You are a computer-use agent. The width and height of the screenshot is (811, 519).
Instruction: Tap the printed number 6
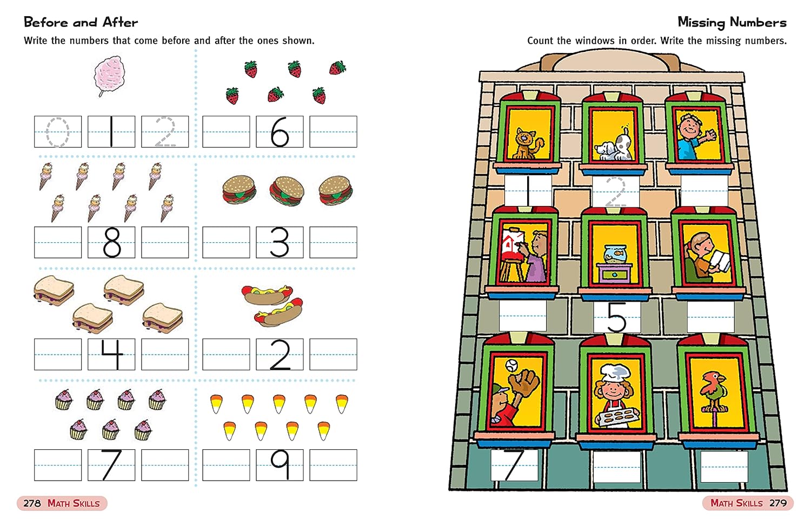tap(280, 132)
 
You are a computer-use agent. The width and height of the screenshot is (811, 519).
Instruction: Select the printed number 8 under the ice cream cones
tap(112, 243)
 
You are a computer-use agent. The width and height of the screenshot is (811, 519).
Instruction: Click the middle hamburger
tap(287, 191)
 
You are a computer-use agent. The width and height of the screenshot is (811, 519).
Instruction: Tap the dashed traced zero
tap(57, 132)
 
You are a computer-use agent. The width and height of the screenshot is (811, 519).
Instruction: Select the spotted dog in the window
tap(613, 145)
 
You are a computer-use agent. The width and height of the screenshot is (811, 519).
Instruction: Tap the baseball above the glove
tap(511, 365)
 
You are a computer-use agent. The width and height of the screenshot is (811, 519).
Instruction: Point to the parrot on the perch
tap(712, 391)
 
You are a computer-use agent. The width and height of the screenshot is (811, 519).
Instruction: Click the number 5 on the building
tap(616, 317)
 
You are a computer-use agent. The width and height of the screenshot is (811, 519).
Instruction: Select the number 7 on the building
tap(514, 464)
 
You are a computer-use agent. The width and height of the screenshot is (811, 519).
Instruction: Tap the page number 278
tap(32, 503)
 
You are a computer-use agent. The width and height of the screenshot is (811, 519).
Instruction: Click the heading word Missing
tap(701, 23)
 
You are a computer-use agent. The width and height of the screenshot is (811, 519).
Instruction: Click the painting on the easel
tap(513, 244)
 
